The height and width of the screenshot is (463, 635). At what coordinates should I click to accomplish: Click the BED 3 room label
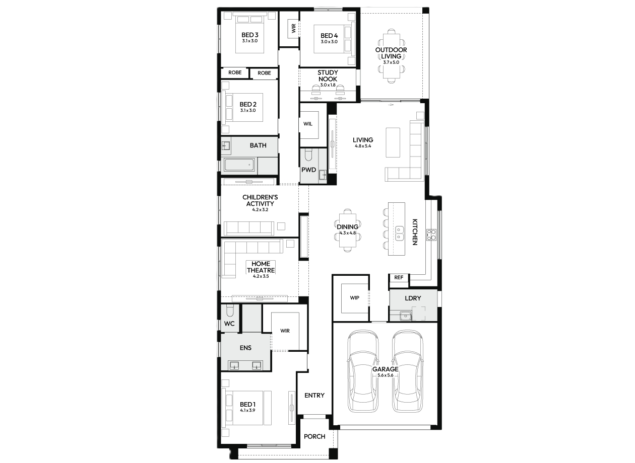tap(250, 35)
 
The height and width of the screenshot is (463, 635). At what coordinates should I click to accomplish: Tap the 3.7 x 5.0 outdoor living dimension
tap(391, 62)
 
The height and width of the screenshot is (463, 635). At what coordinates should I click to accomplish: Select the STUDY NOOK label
tap(328, 76)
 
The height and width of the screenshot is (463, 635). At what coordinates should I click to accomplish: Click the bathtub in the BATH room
tap(239, 165)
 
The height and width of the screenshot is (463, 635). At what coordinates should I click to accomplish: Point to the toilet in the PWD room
tap(308, 155)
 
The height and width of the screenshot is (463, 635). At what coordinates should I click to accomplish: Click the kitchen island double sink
tap(400, 233)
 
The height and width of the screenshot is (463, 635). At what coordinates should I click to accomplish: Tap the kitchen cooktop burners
tap(431, 235)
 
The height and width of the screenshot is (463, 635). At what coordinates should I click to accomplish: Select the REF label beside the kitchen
tap(399, 277)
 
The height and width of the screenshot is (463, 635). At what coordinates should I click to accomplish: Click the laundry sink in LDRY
tap(406, 316)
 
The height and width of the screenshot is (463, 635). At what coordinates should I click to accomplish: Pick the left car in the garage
tap(363, 370)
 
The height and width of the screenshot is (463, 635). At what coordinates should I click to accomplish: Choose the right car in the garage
tap(407, 370)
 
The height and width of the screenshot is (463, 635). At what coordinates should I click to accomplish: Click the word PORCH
tap(314, 436)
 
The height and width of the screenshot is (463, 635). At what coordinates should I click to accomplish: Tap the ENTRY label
tap(314, 395)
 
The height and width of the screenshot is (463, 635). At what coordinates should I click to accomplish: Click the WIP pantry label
tap(354, 298)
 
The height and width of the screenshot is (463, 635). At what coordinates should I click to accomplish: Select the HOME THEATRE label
tap(261, 267)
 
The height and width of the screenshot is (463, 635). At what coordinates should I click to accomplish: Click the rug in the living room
tap(393, 142)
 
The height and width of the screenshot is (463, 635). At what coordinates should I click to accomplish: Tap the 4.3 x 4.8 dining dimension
tap(348, 233)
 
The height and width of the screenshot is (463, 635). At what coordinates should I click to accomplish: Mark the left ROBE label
tap(235, 72)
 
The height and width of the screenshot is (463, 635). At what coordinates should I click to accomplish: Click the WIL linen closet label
tap(308, 124)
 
